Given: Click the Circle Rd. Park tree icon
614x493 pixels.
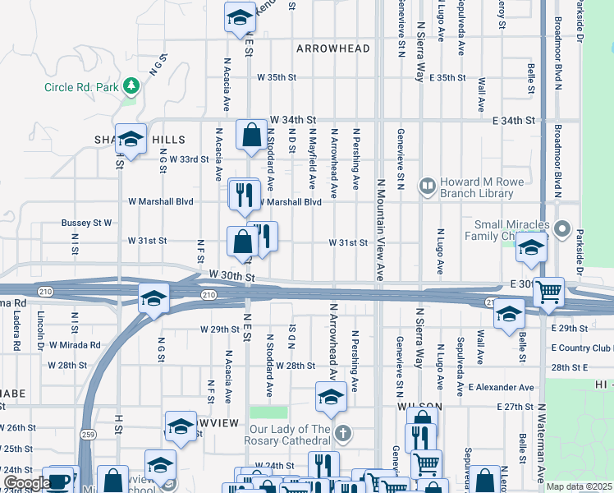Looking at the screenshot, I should pos(131,86).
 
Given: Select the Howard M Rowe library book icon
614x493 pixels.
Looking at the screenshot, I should pos(427,187).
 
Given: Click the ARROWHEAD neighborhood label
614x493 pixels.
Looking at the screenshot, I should pos(333,48).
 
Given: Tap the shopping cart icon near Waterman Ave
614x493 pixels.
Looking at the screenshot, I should pos(548,291).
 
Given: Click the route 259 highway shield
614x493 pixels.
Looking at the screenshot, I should pos(86,432).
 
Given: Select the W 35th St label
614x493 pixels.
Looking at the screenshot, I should pos(276,77).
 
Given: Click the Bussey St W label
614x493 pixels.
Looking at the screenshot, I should pos(86,223).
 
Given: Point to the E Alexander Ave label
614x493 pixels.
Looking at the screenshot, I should pos(501,387).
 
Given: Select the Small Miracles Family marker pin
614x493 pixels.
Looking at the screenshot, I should pos(562,228).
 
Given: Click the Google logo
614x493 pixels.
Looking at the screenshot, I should pos(27,483).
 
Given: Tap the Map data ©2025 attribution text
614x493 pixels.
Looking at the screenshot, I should pos(578,486).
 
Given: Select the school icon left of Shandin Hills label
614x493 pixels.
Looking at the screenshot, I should pos(131,140).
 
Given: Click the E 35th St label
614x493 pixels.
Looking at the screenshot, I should pos(447,77).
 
